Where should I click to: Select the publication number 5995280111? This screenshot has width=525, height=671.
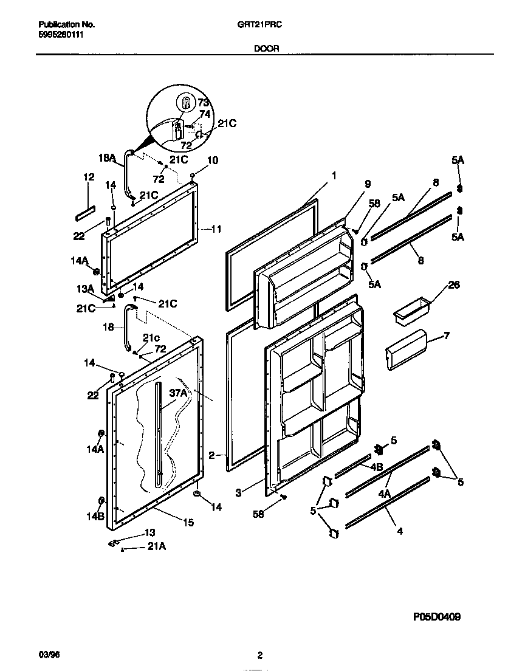(x=61, y=35)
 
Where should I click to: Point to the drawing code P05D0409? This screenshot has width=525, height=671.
(x=436, y=617)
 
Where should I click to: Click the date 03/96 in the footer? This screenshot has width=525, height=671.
(x=47, y=655)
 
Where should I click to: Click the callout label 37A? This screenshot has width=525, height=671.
(x=177, y=394)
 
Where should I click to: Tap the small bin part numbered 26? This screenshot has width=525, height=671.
(x=410, y=309)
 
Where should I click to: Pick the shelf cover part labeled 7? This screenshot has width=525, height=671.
(x=405, y=351)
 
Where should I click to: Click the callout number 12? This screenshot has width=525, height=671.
(x=89, y=177)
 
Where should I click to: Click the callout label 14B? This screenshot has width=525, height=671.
(x=96, y=517)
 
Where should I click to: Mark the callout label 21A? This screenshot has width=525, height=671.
(x=157, y=546)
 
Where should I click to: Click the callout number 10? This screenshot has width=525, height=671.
(x=213, y=160)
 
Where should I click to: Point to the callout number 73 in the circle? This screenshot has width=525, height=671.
(x=203, y=102)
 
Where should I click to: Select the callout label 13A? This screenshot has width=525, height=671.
(x=84, y=288)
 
